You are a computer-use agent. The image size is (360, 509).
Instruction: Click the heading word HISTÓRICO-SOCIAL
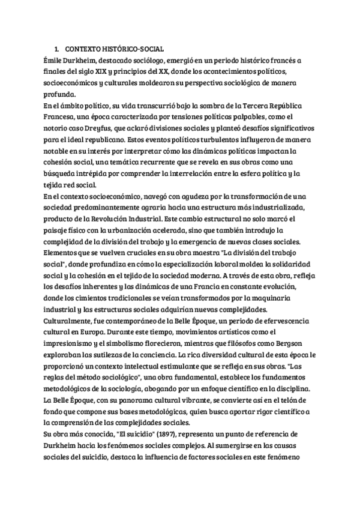(133, 48)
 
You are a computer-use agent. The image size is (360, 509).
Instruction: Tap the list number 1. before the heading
(56, 48)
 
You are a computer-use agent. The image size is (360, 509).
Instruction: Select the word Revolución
(114, 218)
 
